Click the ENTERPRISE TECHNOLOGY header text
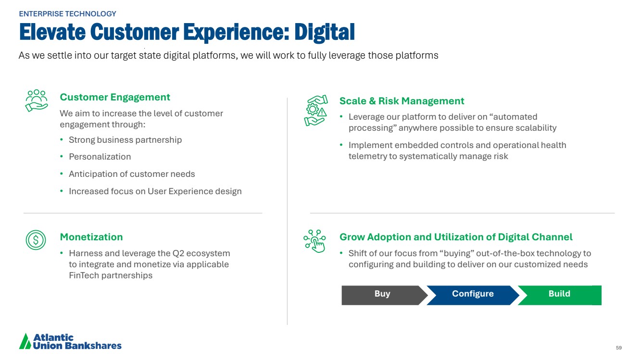click(x=67, y=14)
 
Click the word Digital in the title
click(x=325, y=32)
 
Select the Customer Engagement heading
click(x=115, y=97)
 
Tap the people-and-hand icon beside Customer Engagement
click(x=37, y=100)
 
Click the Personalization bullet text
click(x=100, y=157)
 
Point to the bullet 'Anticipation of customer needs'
click(x=132, y=174)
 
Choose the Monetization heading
click(x=91, y=237)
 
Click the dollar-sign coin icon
click(x=36, y=240)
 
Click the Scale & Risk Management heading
click(x=402, y=101)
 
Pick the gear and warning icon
click(x=315, y=111)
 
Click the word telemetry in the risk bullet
click(x=367, y=156)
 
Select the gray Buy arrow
click(x=383, y=295)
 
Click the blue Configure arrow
click(x=473, y=295)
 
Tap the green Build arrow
click(x=561, y=295)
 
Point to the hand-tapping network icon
click(x=314, y=241)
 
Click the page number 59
click(x=619, y=348)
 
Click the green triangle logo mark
click(x=25, y=341)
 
